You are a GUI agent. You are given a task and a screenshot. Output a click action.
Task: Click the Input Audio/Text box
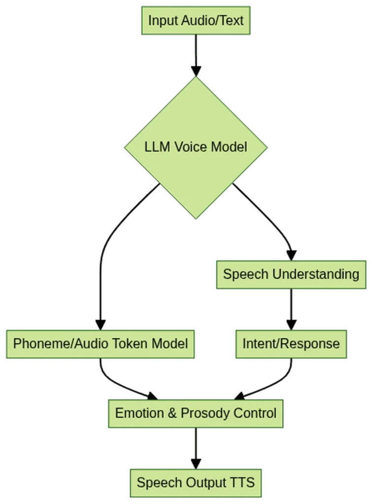(196, 21)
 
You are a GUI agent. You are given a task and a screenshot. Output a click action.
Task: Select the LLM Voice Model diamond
(196, 147)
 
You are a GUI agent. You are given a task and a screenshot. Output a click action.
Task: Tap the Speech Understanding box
(291, 274)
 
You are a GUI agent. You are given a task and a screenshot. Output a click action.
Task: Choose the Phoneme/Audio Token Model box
(100, 343)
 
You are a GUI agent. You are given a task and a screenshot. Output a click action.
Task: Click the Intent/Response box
(291, 343)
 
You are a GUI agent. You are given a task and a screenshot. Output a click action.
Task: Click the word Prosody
(204, 413)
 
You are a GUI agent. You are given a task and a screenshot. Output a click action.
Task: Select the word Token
(133, 343)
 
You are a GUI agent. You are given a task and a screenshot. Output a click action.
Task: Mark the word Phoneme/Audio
(62, 343)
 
